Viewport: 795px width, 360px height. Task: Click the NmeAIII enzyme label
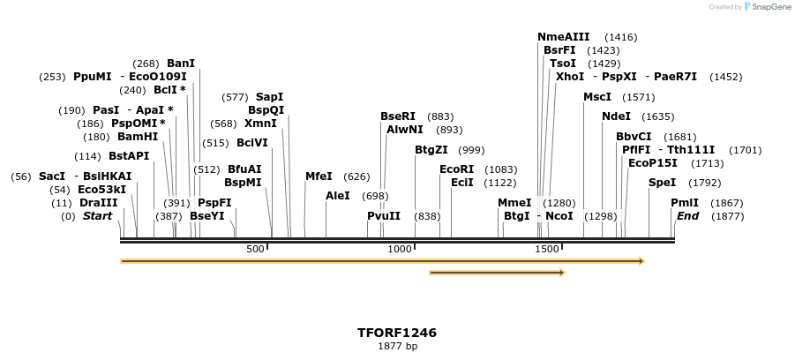564,36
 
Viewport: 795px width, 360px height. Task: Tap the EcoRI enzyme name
457,169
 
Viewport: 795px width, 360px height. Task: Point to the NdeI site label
616,116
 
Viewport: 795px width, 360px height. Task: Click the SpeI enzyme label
663,183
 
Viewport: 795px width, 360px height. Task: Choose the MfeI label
319,176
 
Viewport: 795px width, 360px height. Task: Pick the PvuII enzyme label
384,215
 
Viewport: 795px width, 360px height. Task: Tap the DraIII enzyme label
98,203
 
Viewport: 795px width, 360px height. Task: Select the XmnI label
260,124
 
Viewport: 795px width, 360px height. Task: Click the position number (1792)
705,184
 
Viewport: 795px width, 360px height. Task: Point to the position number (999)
471,151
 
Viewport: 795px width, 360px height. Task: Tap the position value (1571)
639,97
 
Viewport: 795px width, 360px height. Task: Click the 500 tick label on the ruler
255,249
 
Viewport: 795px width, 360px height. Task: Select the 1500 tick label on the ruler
548,249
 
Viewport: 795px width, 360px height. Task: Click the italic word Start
97,216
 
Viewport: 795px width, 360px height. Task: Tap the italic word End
688,216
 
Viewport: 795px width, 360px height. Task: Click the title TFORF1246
397,333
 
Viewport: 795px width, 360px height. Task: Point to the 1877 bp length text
397,346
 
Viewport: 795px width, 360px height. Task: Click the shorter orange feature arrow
497,273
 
